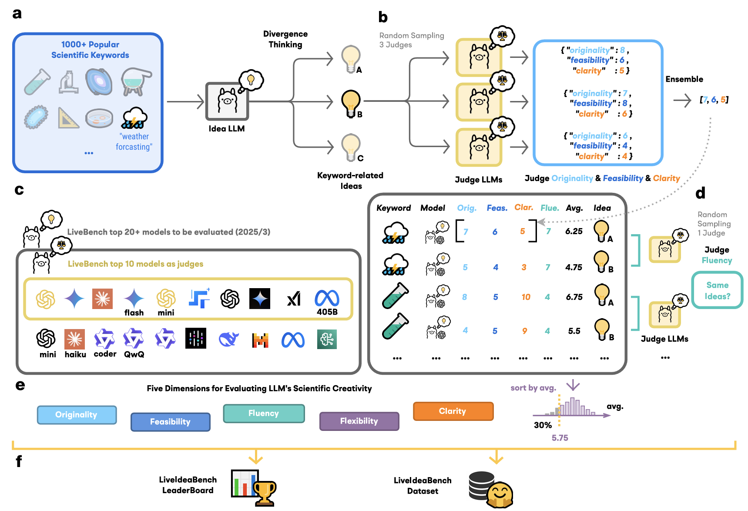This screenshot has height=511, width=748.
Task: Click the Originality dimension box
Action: click(77, 415)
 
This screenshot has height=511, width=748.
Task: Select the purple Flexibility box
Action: click(359, 421)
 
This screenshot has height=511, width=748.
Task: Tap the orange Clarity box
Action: click(453, 411)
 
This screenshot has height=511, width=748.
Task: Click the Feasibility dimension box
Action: click(171, 422)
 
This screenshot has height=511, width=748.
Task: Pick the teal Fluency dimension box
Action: click(264, 414)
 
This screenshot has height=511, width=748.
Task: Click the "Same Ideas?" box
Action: click(717, 290)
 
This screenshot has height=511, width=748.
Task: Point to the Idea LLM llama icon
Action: click(227, 101)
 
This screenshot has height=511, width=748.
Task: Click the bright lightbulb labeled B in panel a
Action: click(351, 104)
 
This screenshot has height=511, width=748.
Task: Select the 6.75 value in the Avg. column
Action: click(574, 297)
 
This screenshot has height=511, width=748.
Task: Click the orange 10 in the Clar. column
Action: click(526, 297)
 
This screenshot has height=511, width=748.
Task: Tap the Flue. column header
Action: click(550, 208)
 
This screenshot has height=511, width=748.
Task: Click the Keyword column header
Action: click(393, 208)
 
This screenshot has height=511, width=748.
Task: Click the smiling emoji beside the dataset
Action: click(500, 495)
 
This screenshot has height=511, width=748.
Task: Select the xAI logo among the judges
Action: click(294, 299)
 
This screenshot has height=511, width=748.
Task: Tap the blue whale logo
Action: click(228, 339)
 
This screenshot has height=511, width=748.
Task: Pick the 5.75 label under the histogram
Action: click(560, 438)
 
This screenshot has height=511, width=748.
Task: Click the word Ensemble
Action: click(684, 79)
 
